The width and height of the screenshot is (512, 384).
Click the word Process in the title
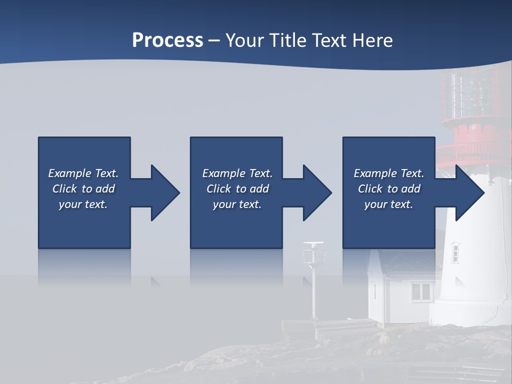(167, 41)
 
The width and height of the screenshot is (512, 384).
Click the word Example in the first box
(70, 173)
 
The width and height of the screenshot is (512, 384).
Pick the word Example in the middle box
(224, 173)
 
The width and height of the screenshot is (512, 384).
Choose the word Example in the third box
(375, 173)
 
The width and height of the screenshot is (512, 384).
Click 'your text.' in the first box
(83, 204)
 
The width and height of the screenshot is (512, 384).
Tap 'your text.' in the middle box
(237, 204)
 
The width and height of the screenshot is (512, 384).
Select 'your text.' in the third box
(389, 204)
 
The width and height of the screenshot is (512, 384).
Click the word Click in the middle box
(218, 189)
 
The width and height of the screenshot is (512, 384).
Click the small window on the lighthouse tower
(455, 252)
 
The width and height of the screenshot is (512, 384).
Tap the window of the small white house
(421, 291)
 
